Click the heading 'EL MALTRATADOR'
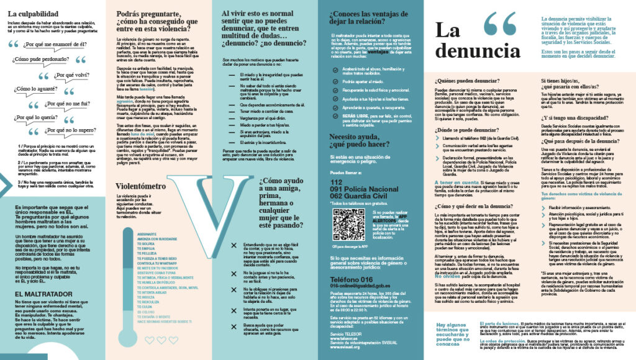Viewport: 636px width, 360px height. pos(36,294)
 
